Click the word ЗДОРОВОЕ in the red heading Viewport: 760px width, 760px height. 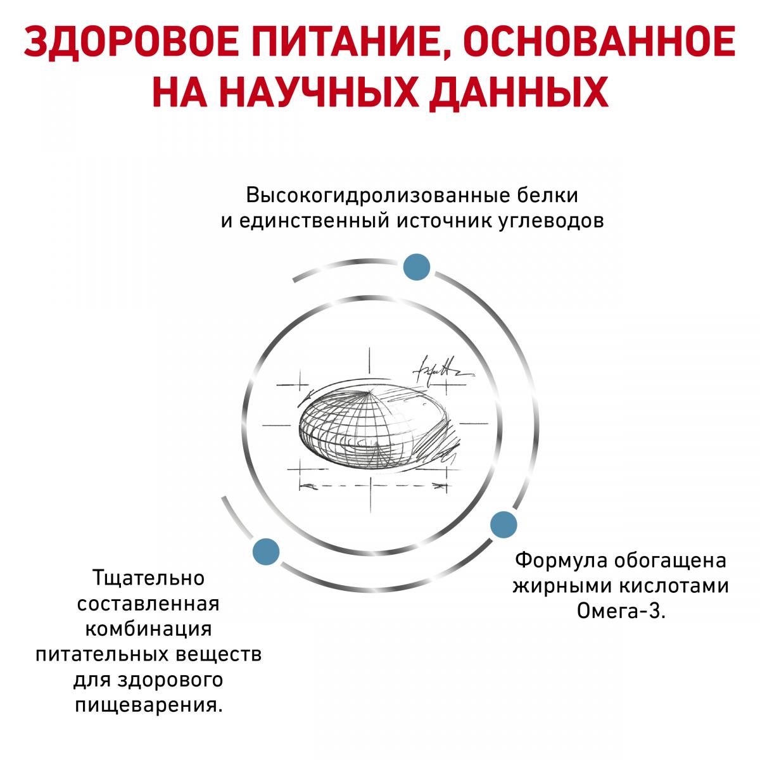coord(131,41)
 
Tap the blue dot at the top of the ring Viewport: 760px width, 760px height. coord(417,267)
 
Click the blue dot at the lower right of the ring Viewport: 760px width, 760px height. coord(503,524)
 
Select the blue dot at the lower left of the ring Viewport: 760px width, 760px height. coord(266,552)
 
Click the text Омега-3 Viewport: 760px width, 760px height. coord(621,611)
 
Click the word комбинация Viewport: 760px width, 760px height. coord(149,630)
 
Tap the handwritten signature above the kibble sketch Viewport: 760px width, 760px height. coord(441,369)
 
